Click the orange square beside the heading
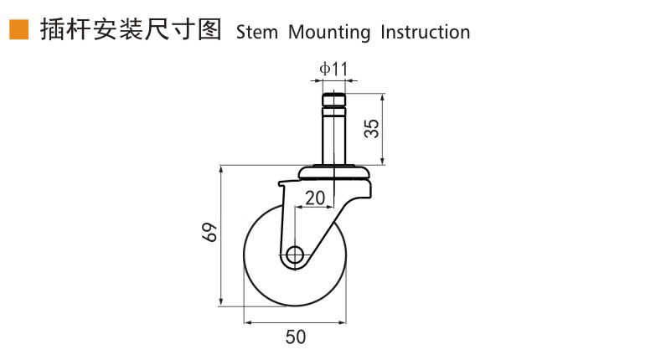tap(19, 29)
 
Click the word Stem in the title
tap(256, 32)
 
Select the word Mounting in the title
tap(329, 33)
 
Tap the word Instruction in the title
tap(425, 32)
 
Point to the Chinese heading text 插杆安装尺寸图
tap(131, 29)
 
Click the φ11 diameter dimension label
tap(333, 69)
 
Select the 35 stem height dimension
tap(372, 128)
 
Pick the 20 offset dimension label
tap(315, 198)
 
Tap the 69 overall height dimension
tap(210, 232)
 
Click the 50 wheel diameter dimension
tap(296, 337)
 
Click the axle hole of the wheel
tap(295, 255)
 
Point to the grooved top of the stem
tap(334, 105)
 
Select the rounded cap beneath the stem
tap(334, 172)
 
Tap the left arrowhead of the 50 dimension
tap(248, 323)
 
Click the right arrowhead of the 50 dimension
tap(342, 323)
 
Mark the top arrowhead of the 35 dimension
tap(382, 98)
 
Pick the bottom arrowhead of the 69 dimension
tap(221, 302)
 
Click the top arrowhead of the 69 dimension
tap(221, 170)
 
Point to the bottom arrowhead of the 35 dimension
tap(382, 160)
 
